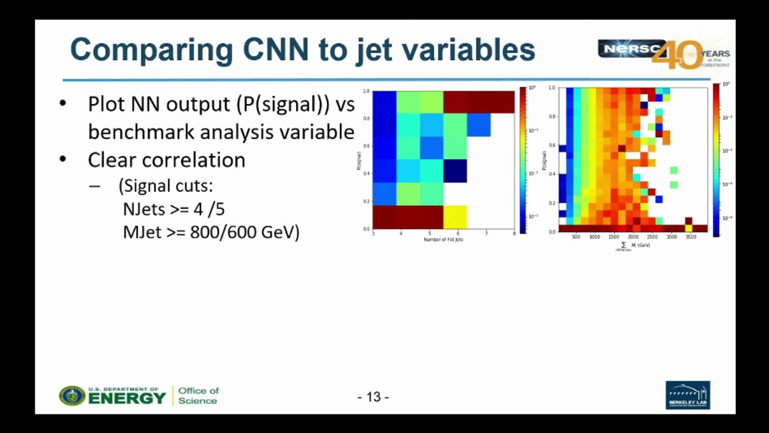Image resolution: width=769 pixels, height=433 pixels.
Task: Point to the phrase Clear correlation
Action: pyautogui.click(x=166, y=160)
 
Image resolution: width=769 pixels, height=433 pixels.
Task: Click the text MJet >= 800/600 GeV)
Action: pyautogui.click(x=211, y=232)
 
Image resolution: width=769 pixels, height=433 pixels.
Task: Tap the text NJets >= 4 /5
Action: pyautogui.click(x=174, y=209)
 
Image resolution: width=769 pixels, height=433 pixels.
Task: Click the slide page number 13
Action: pyautogui.click(x=373, y=397)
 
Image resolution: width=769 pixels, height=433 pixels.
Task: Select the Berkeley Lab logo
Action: pyautogui.click(x=688, y=395)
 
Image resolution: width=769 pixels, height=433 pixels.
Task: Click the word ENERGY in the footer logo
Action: pyautogui.click(x=127, y=398)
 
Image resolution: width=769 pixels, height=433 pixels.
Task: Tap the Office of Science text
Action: pyautogui.click(x=198, y=396)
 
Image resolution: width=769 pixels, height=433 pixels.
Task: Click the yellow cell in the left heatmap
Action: pyautogui.click(x=455, y=216)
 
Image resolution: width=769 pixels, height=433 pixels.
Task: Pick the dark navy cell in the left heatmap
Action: pyautogui.click(x=455, y=171)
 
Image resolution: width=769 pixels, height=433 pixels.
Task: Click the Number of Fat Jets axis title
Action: pyautogui.click(x=443, y=239)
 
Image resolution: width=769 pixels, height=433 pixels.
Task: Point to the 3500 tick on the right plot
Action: pyautogui.click(x=690, y=237)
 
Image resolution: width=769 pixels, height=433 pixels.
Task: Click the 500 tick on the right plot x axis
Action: pyautogui.click(x=576, y=237)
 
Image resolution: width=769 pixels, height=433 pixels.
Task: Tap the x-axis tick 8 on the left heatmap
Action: pyautogui.click(x=514, y=233)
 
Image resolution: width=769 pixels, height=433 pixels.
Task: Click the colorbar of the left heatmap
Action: pyautogui.click(x=523, y=159)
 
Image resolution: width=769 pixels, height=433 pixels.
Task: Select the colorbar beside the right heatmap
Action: pyautogui.click(x=716, y=159)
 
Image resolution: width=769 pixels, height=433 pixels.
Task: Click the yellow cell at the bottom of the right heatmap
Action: pyautogui.click(x=688, y=229)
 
